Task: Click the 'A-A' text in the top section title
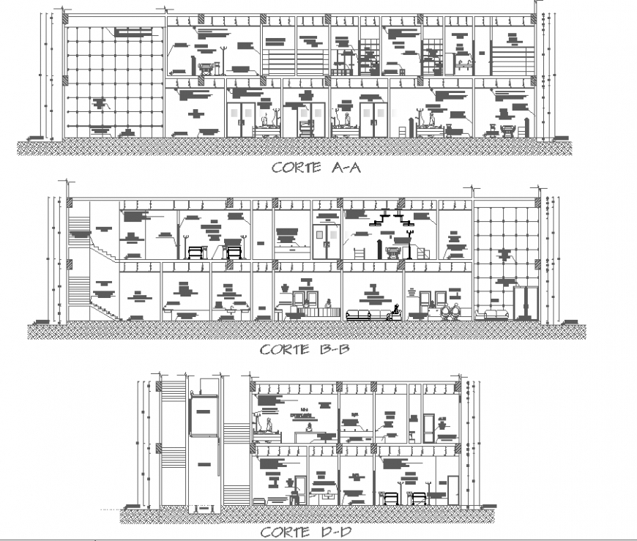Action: point(343,167)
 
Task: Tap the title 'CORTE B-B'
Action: point(305,349)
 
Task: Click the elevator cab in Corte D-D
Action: point(204,416)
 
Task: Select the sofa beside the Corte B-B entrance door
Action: point(494,315)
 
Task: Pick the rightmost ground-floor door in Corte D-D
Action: point(453,489)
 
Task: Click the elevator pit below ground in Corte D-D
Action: point(204,509)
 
